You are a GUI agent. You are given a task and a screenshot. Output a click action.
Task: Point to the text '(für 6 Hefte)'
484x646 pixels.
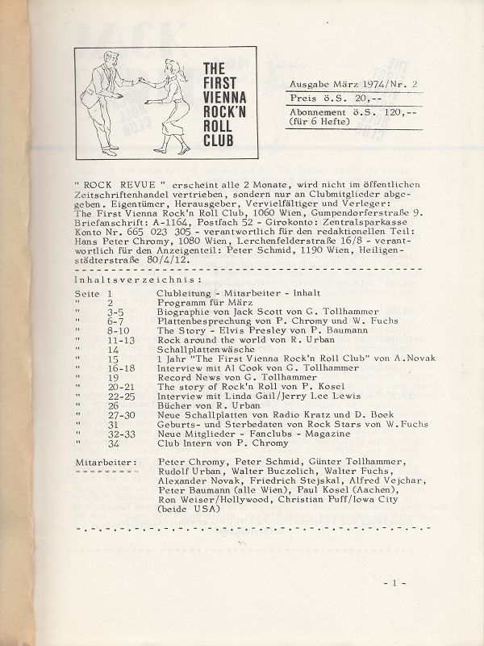click(x=320, y=122)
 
